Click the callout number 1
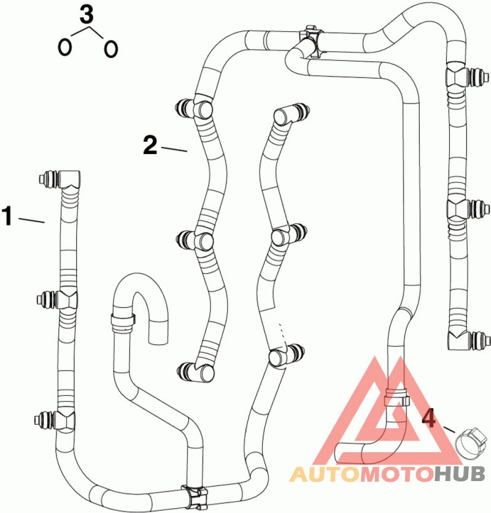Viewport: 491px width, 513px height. [x=7, y=217]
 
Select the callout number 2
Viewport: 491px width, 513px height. [x=150, y=145]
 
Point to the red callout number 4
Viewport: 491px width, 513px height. [x=430, y=420]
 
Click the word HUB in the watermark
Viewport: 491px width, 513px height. [x=460, y=474]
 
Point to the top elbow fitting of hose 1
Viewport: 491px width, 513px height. [x=69, y=179]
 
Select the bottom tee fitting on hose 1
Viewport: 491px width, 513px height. [x=64, y=420]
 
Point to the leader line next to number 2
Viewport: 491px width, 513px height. [x=174, y=148]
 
